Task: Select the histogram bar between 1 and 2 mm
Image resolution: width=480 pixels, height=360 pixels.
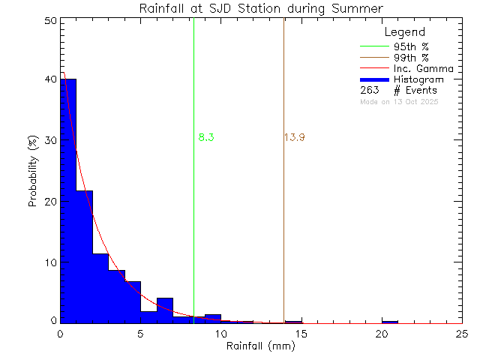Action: point(84,255)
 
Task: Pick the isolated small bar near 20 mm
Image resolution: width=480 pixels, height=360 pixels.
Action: point(390,321)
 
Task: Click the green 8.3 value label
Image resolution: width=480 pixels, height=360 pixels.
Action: point(207,138)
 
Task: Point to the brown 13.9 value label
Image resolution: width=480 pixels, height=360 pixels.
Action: point(294,138)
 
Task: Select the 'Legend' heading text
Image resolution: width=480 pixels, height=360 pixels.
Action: point(404,32)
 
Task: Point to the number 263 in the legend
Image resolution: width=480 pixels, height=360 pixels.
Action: point(369,90)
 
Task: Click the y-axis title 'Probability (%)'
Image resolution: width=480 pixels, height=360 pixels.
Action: point(34,172)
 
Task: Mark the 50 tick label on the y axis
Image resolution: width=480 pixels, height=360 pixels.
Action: point(49,21)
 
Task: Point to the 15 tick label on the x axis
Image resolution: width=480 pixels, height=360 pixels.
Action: point(301,334)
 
